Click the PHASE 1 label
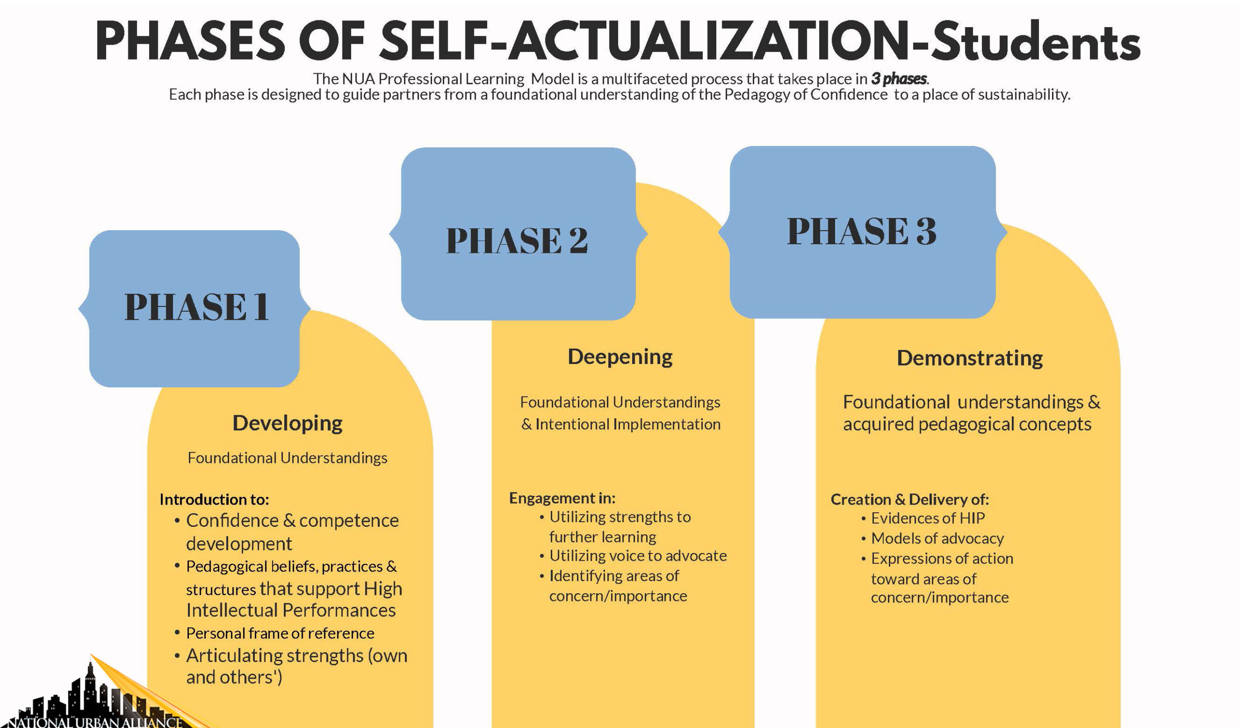point(196,307)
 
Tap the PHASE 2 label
point(517,241)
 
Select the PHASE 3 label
point(862,231)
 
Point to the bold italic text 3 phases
point(899,79)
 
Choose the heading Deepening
point(620,357)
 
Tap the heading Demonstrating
point(969,358)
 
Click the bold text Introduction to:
point(214,499)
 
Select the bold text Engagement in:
point(562,498)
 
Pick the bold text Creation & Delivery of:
point(909,500)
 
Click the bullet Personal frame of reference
point(280,633)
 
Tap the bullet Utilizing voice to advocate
point(638,556)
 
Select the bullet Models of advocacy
point(937,538)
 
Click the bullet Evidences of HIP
point(928,518)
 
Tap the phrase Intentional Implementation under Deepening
point(628,424)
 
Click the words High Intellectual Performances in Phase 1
point(294,600)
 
